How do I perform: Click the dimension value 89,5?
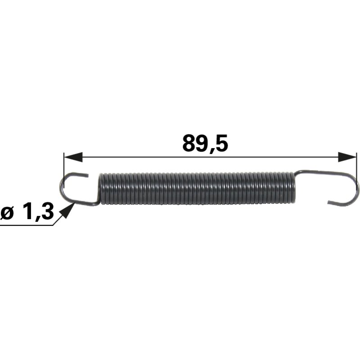[x=205, y=143]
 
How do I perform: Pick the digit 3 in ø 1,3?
[x=47, y=211]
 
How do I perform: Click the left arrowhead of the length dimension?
[x=73, y=157]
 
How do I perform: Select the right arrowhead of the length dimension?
[x=347, y=157]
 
